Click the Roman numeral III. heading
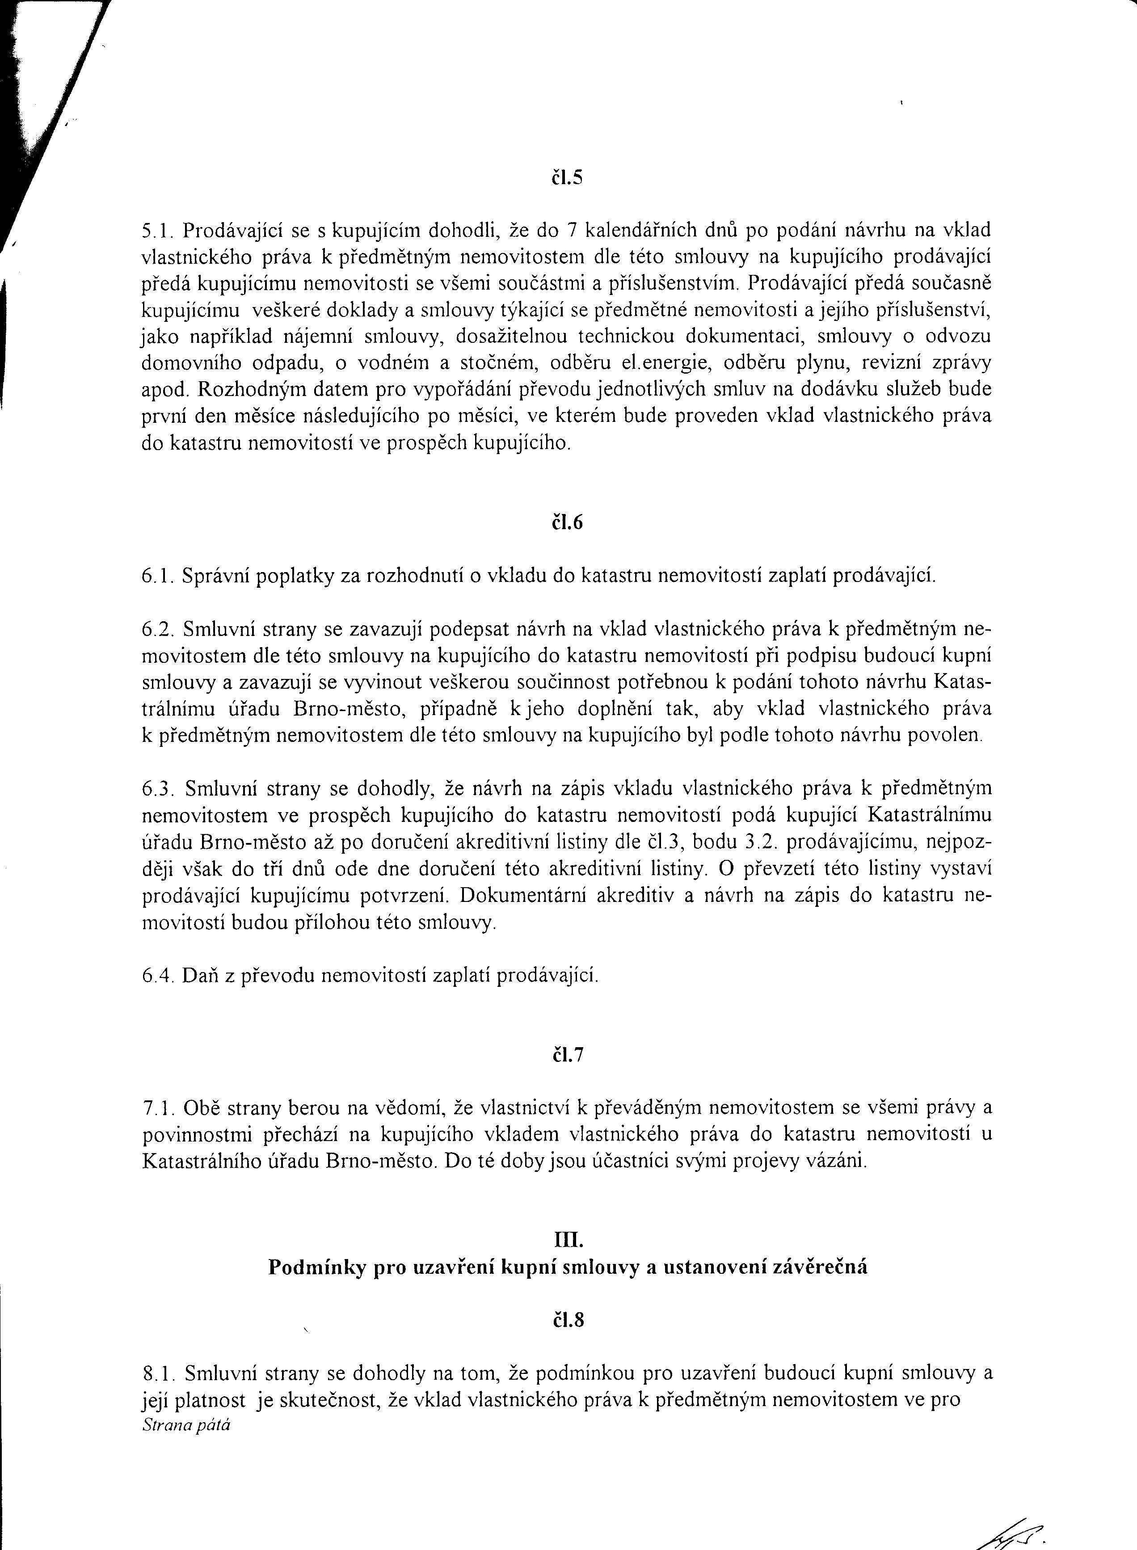click(x=568, y=1240)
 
